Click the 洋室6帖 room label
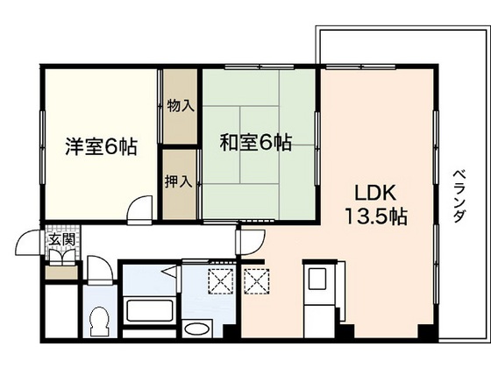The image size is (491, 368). click(100, 147)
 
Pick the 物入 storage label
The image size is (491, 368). click(180, 106)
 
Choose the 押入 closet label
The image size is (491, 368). click(180, 184)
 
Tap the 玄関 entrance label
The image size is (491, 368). click(61, 239)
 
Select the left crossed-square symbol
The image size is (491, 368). click(218, 280)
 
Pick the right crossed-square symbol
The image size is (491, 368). click(256, 280)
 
